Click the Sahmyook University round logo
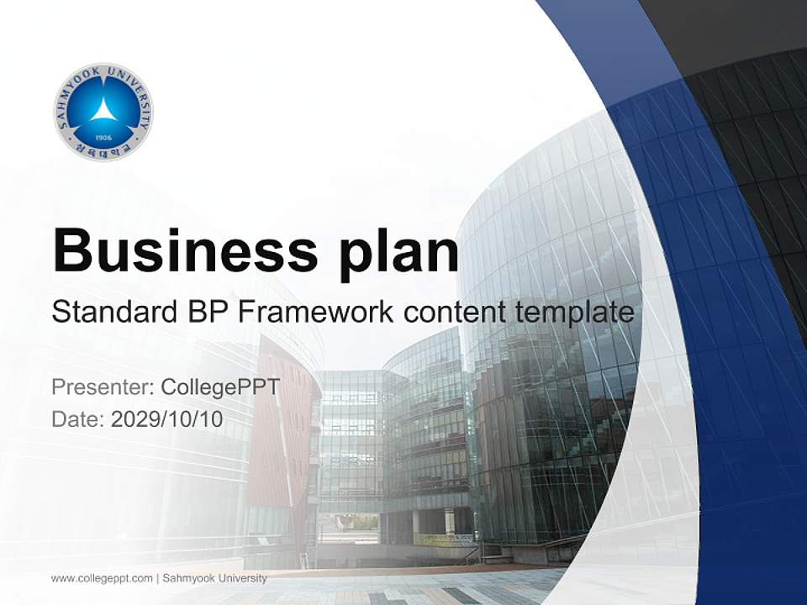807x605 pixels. pos(103,112)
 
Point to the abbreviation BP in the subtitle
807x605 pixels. pos(206,313)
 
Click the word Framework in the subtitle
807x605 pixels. pos(316,313)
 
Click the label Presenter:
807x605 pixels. pos(102,387)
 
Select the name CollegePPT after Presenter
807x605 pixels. pos(219,387)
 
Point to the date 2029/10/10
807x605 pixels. pos(167,418)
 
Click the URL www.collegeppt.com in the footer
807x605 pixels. pos(102,578)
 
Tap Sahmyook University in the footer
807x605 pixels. pos(214,578)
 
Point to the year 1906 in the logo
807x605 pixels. pos(103,137)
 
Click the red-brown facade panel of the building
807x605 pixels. pos(282,420)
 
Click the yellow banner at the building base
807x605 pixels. pos(442,539)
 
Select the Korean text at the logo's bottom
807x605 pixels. pos(103,150)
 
